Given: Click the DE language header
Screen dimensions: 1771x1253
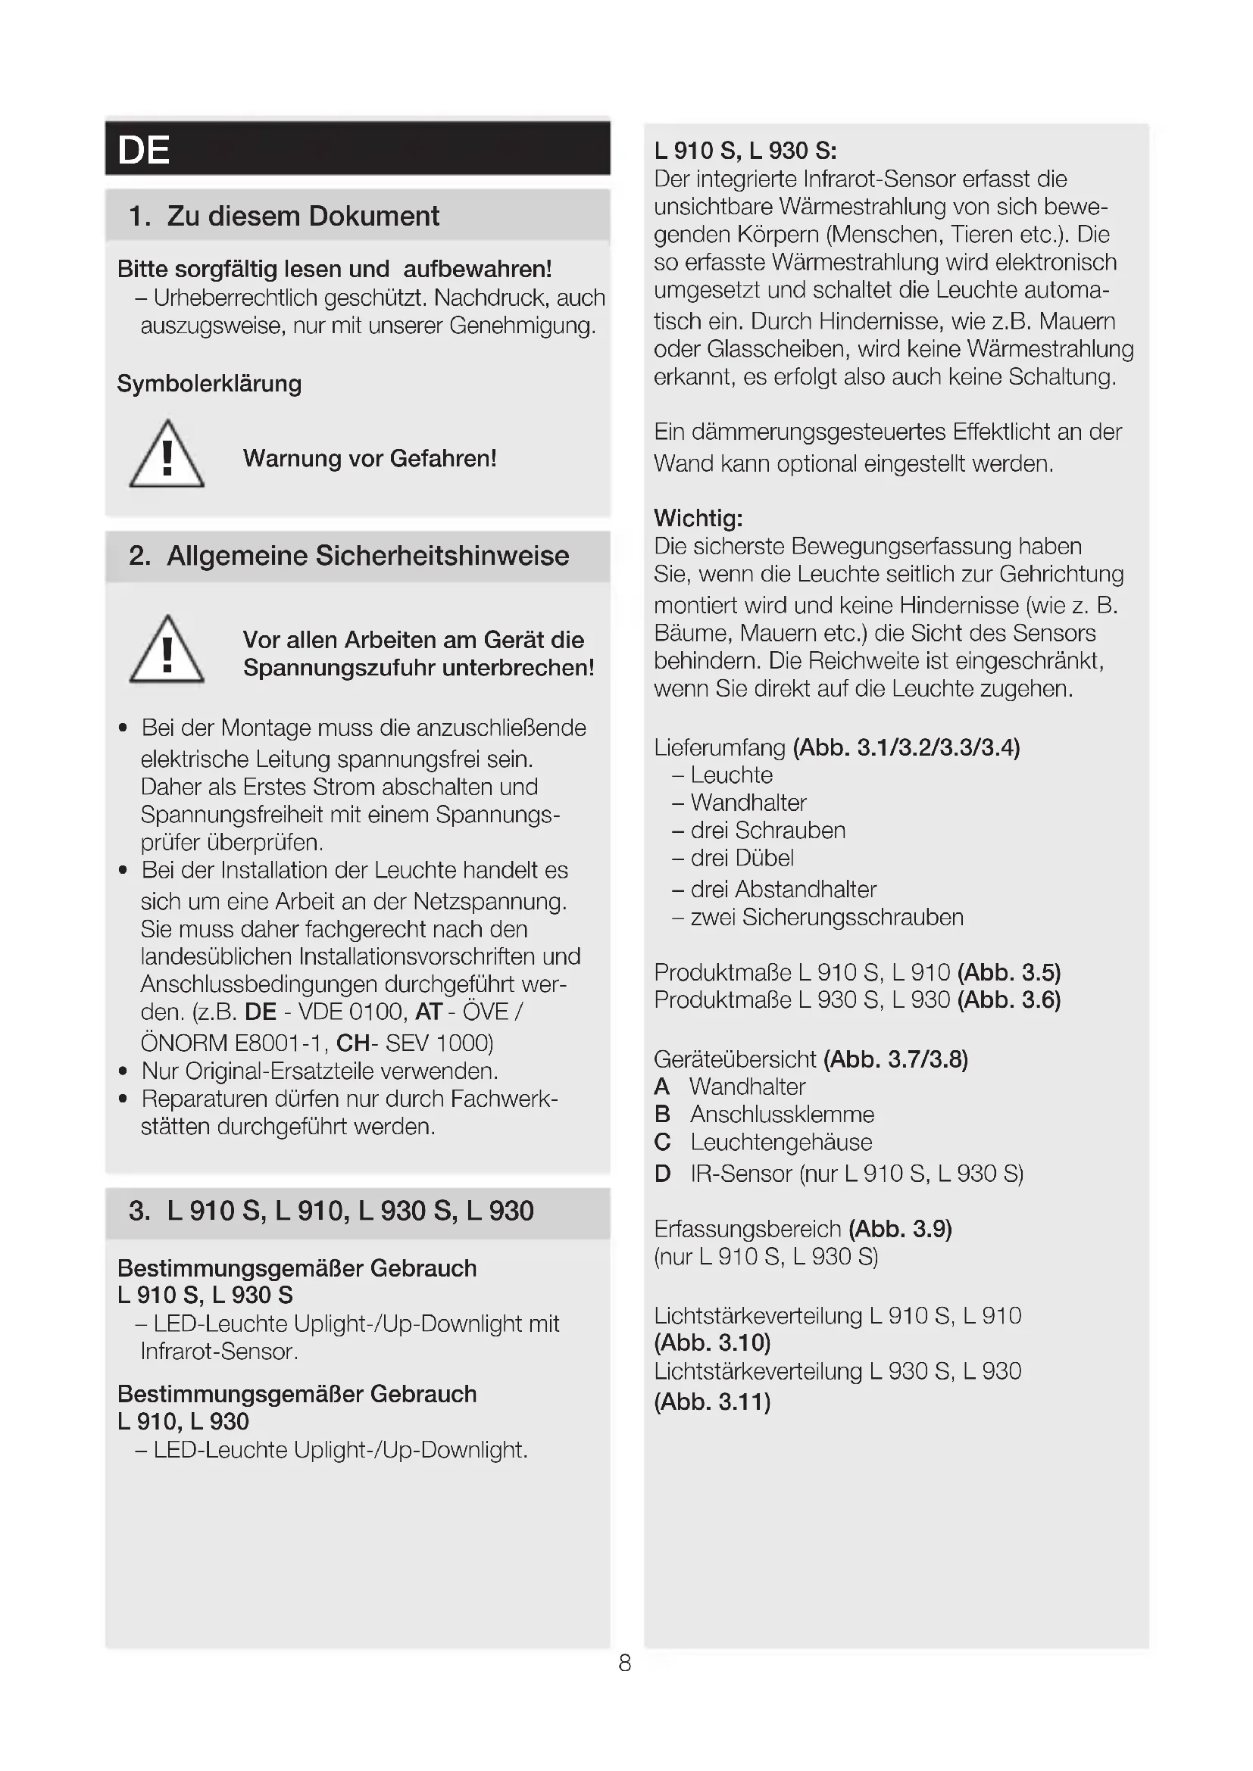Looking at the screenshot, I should [x=144, y=150].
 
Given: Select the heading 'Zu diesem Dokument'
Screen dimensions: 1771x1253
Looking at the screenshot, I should [x=302, y=216].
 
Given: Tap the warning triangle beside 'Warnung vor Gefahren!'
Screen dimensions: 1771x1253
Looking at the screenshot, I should [x=167, y=456].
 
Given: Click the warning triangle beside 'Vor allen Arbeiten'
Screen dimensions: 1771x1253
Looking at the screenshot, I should [x=167, y=651].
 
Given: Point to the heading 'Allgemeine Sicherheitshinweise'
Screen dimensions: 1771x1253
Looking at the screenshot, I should [x=367, y=555].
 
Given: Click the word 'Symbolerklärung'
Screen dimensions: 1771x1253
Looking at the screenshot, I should [x=209, y=383].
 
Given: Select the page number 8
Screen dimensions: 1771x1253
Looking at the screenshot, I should [x=625, y=1662].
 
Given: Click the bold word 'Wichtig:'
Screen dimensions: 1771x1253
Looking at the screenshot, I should [x=698, y=518].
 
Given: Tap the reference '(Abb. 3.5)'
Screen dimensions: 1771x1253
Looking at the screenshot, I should [x=1008, y=972].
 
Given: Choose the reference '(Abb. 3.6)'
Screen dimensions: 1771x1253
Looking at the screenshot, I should [x=1008, y=999].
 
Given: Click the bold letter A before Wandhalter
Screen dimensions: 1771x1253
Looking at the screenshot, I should [x=662, y=1087].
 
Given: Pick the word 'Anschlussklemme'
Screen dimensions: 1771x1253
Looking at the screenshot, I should [x=782, y=1115].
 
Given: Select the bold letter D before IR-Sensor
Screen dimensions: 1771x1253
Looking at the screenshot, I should [x=662, y=1174].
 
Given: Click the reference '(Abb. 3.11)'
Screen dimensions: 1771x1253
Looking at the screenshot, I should [x=712, y=1402].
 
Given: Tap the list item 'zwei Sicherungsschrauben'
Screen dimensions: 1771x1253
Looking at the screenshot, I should [x=826, y=917].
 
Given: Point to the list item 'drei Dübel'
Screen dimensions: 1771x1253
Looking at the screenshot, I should [x=742, y=858].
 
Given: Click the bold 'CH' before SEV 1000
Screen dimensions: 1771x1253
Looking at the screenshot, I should [x=352, y=1043].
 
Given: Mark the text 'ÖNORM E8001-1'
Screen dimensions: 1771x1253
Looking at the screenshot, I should [x=236, y=1043].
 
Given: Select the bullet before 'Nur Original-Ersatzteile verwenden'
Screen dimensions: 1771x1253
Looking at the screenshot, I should [x=123, y=1071].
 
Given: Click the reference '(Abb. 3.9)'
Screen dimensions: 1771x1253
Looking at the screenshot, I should [x=900, y=1229].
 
